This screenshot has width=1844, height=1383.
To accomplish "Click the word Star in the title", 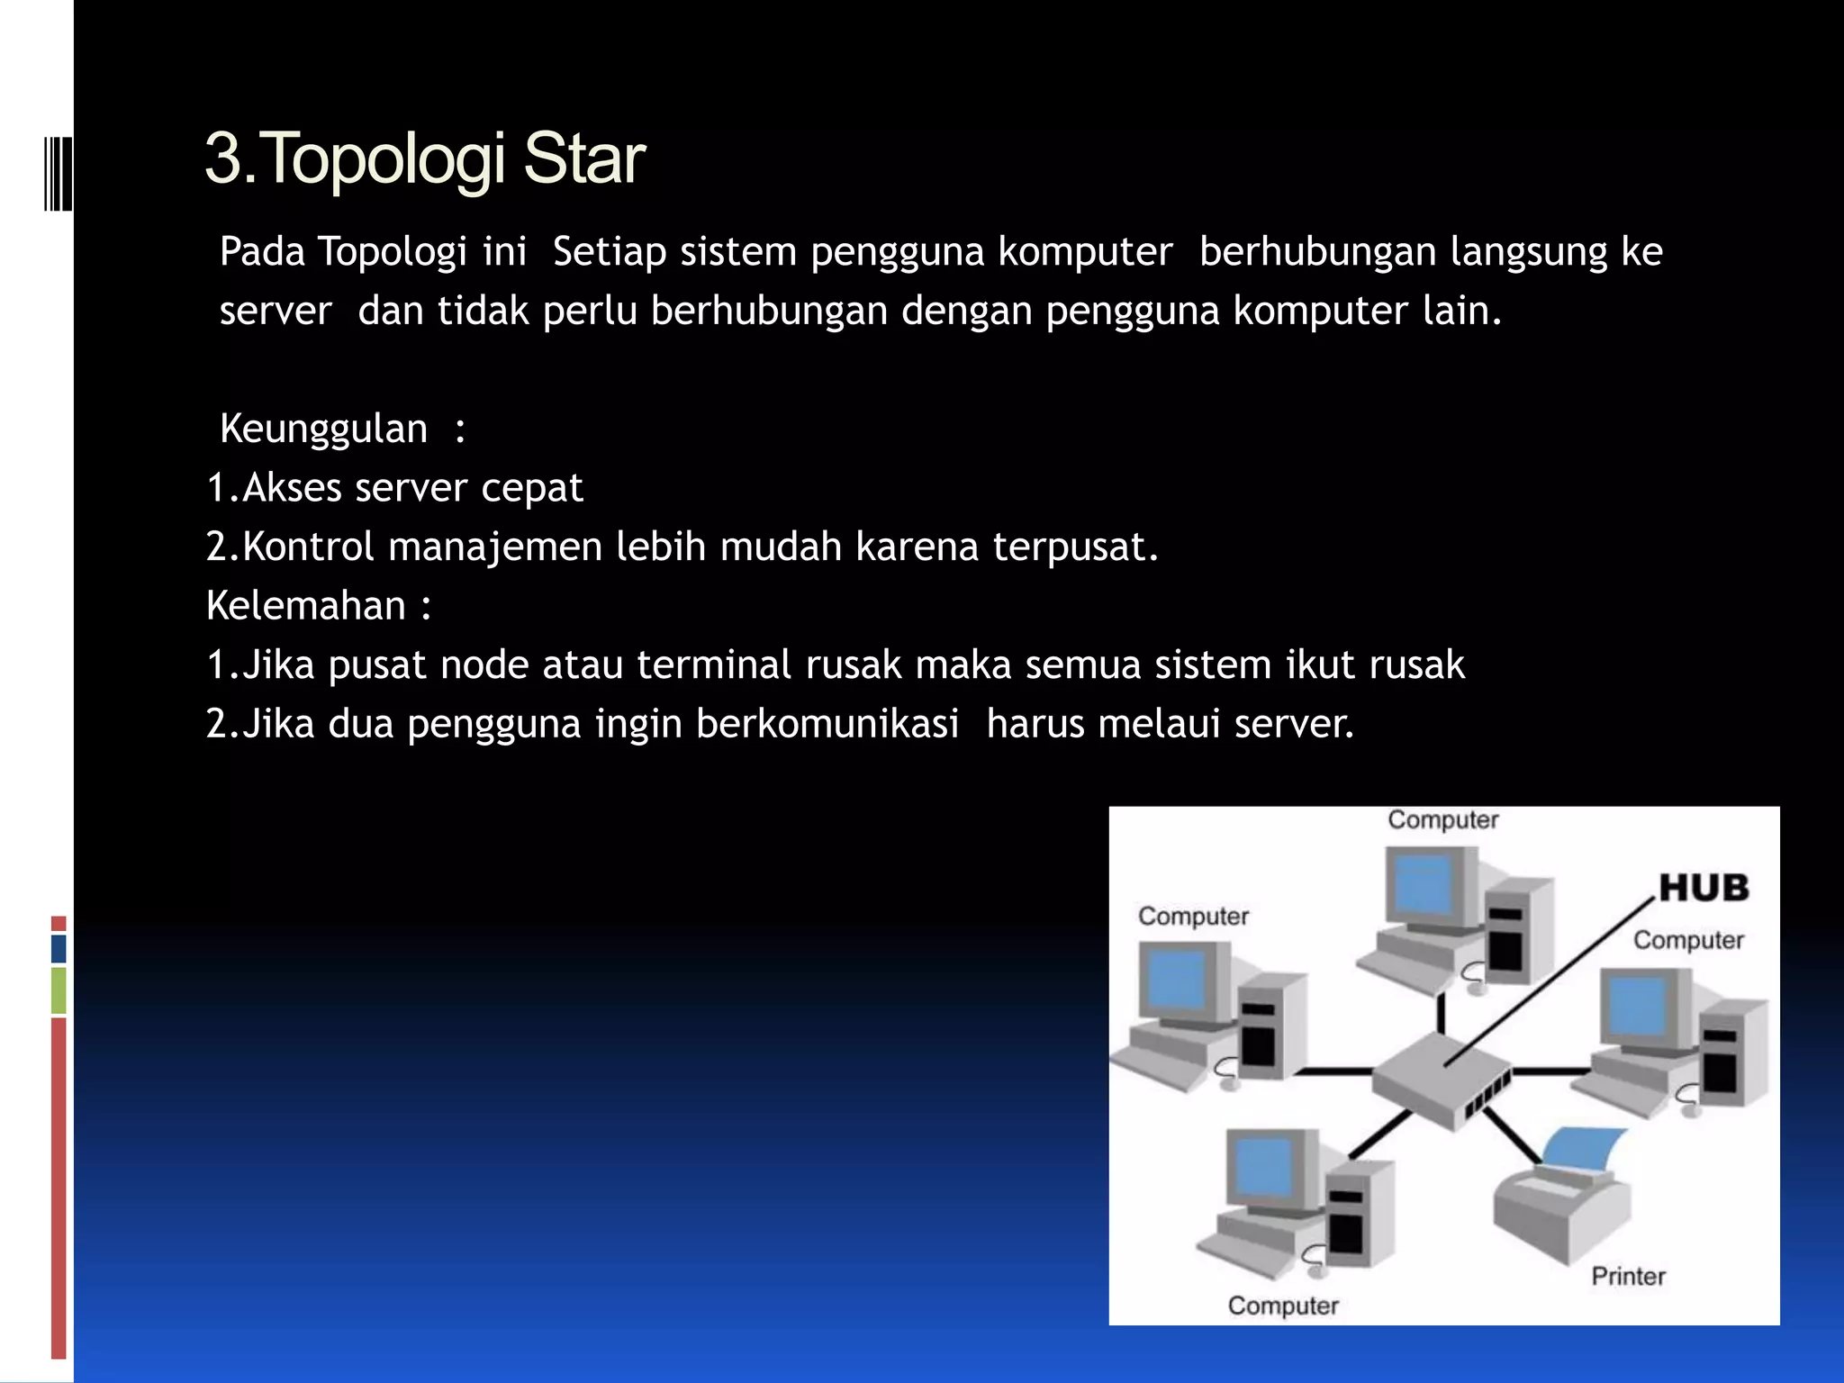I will click(x=583, y=159).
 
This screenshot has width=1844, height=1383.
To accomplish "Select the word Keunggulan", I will click(x=323, y=429).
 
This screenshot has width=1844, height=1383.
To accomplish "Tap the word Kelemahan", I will click(x=305, y=606).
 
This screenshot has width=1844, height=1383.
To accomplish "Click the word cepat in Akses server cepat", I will click(x=531, y=488).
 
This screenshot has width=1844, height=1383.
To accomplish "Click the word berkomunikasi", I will click(x=827, y=724).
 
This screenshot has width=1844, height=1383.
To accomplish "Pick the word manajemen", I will click(x=494, y=547).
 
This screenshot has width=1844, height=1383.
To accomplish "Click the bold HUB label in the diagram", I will click(x=1703, y=889).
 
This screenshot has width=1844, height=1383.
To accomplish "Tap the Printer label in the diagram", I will click(x=1628, y=1276).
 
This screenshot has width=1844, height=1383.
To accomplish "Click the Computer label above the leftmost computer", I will click(x=1193, y=917).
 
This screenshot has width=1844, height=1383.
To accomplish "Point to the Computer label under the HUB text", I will click(x=1688, y=941).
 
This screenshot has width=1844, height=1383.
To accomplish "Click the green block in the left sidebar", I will click(x=59, y=990).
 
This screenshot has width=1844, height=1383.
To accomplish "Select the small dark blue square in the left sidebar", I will click(x=59, y=948).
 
